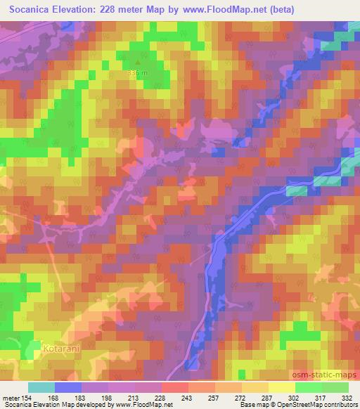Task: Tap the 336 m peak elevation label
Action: tap(137, 72)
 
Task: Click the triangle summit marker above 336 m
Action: tap(137, 63)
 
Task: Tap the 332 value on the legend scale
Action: tap(347, 398)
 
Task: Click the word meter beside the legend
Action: tap(11, 398)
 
